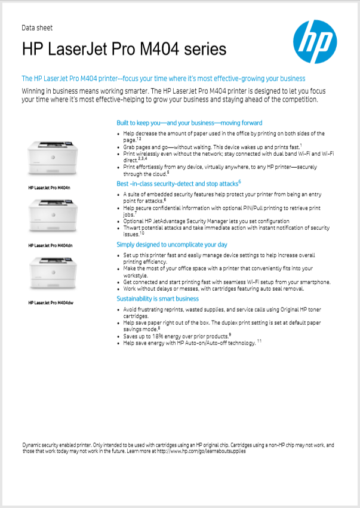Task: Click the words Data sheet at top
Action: (x=37, y=27)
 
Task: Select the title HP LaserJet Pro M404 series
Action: (x=124, y=49)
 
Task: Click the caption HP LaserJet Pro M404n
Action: (x=50, y=187)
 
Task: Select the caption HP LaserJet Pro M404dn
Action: (x=51, y=245)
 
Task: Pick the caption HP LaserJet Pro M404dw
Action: (x=51, y=303)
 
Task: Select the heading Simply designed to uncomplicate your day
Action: (x=172, y=245)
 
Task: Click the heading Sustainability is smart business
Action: (x=158, y=298)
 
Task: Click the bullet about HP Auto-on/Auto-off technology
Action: (x=189, y=344)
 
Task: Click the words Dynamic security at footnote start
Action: (x=39, y=445)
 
